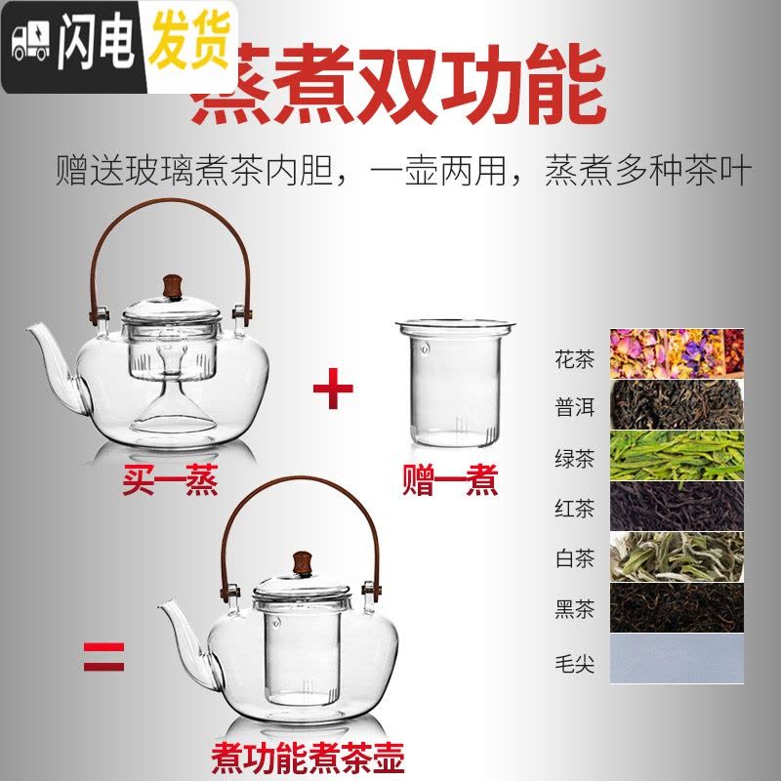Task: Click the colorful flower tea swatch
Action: point(677,353)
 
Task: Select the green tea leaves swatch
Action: point(677,455)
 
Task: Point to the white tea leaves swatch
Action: point(677,556)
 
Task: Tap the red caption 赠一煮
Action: point(450,481)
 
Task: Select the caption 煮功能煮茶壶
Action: point(308,757)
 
